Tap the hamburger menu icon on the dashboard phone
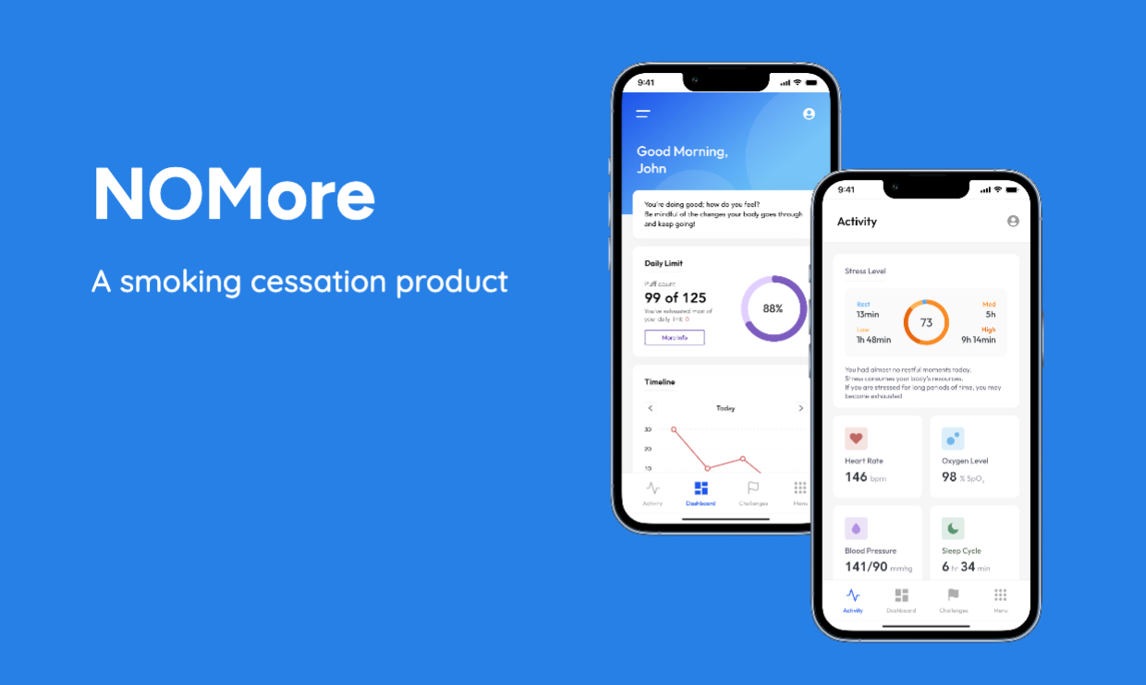[x=643, y=114]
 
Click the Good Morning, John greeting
[x=682, y=160]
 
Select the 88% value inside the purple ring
[x=773, y=308]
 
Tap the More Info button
[x=674, y=338]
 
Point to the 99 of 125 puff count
[x=675, y=297]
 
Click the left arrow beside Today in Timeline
[x=651, y=408]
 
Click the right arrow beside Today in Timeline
[x=800, y=408]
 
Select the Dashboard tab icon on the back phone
[x=701, y=488]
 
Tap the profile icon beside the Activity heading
[x=1013, y=222]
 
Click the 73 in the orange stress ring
[x=926, y=323]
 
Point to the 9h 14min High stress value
[x=978, y=340]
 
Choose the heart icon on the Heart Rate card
[x=856, y=439]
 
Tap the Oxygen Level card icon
[x=953, y=439]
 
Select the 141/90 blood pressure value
[x=865, y=567]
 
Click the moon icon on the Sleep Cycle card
[x=953, y=528]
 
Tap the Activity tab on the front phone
[x=853, y=599]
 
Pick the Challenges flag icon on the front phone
[x=954, y=595]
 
